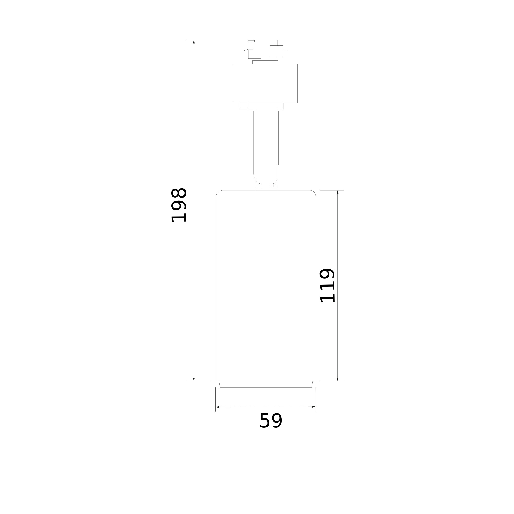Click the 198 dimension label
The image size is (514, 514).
[x=179, y=205]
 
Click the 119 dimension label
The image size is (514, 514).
[x=327, y=286]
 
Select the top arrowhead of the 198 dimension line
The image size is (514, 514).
[x=194, y=42]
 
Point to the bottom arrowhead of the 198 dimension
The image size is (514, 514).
[x=194, y=379]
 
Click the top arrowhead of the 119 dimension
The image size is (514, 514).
[x=338, y=192]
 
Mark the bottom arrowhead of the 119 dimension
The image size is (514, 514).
[x=338, y=379]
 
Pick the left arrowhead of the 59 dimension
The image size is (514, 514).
[x=218, y=407]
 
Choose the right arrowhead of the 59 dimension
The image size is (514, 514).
[x=314, y=407]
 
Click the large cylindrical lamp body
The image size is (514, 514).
[x=266, y=286]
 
